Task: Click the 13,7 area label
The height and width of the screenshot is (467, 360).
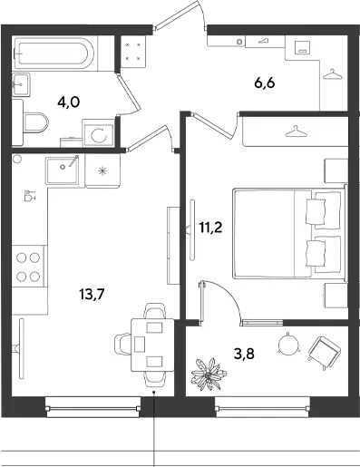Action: pyautogui.click(x=92, y=294)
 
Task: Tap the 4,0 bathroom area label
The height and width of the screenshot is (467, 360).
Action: pyautogui.click(x=69, y=102)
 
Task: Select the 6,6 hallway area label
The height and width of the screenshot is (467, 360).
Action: pyautogui.click(x=265, y=83)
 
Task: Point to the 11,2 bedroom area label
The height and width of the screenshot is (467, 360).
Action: pyautogui.click(x=210, y=227)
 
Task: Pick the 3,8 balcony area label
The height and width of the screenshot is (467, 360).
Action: pyautogui.click(x=244, y=354)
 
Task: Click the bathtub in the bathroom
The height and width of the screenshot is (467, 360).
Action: pyautogui.click(x=54, y=54)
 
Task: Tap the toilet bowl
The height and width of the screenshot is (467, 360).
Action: pyautogui.click(x=35, y=122)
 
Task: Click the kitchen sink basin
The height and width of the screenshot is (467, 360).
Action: pyautogui.click(x=63, y=170)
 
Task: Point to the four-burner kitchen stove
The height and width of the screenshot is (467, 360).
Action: pyautogui.click(x=28, y=267)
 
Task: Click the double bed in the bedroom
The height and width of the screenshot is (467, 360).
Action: pyautogui.click(x=289, y=234)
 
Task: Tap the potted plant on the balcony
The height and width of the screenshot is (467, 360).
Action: pyautogui.click(x=209, y=375)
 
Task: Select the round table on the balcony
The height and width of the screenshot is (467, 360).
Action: pyautogui.click(x=288, y=345)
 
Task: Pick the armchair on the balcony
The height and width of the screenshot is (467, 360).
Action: pyautogui.click(x=325, y=353)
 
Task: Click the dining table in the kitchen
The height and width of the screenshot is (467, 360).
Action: pyautogui.click(x=152, y=345)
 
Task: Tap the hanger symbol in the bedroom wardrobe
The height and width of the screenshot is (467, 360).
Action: pyautogui.click(x=295, y=131)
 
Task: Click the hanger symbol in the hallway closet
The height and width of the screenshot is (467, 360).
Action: pyautogui.click(x=333, y=74)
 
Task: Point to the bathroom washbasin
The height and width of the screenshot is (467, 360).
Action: pyautogui.click(x=21, y=84)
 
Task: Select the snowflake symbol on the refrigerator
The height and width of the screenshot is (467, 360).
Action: pyautogui.click(x=102, y=171)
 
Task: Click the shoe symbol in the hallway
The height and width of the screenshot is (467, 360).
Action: pyautogui.click(x=264, y=41)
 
